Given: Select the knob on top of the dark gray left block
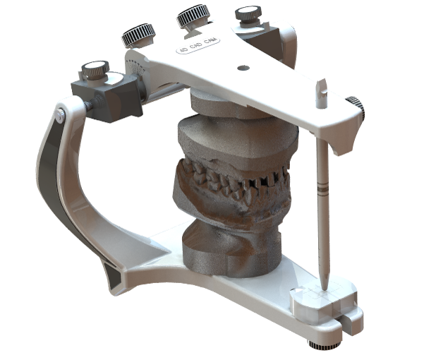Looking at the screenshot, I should [x=95, y=70].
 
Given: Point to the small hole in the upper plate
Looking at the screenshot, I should [x=243, y=68].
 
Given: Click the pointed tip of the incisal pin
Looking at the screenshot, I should [x=325, y=285].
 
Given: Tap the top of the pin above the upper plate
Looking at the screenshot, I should [x=322, y=92].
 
